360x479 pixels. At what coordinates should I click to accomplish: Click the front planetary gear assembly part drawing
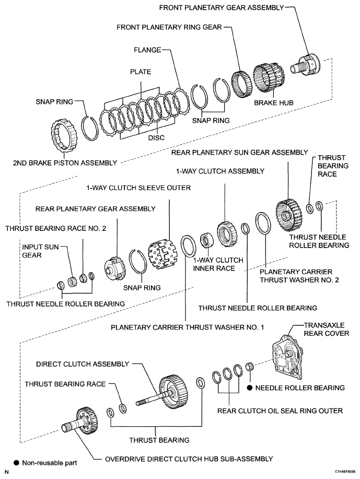[306, 64]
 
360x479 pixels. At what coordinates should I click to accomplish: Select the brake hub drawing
[269, 78]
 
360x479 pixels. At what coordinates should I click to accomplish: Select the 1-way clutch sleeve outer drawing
[162, 253]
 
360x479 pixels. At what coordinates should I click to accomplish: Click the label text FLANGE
[147, 50]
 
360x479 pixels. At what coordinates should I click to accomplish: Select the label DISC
[156, 138]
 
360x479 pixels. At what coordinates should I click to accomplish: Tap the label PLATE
[141, 72]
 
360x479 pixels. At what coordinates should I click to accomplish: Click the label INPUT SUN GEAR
[40, 251]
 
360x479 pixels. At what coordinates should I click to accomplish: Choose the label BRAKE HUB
[273, 103]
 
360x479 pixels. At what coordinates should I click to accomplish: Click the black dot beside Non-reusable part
[17, 463]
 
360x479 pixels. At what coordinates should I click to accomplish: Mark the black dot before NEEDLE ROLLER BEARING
[250, 388]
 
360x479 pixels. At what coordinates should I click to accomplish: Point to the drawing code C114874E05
[345, 472]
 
